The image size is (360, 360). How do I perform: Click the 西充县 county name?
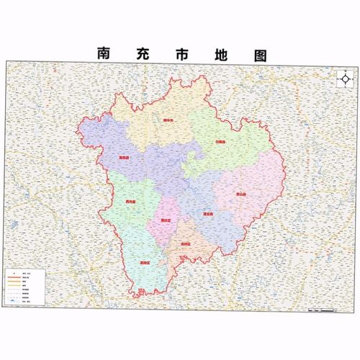[129, 202]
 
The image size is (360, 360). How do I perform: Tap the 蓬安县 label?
[207, 214]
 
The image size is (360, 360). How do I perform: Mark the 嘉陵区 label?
[145, 263]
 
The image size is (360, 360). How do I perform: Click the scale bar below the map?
[320, 310]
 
